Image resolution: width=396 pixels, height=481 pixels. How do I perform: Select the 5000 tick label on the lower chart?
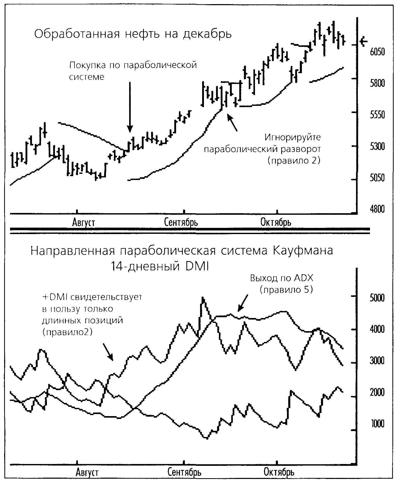[x=377, y=298]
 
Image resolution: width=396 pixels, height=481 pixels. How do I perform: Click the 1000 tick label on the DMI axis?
[x=377, y=424]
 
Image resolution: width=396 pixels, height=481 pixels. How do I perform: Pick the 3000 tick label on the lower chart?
[x=377, y=361]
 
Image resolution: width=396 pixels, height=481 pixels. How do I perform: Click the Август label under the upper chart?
[x=83, y=222]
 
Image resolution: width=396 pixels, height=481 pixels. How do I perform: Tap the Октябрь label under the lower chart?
[x=279, y=472]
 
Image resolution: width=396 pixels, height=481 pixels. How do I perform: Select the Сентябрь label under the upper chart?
[x=181, y=222]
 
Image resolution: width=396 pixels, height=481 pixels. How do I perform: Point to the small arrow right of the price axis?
[x=364, y=41]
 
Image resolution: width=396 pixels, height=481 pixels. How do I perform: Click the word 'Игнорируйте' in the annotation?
[x=293, y=137]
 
